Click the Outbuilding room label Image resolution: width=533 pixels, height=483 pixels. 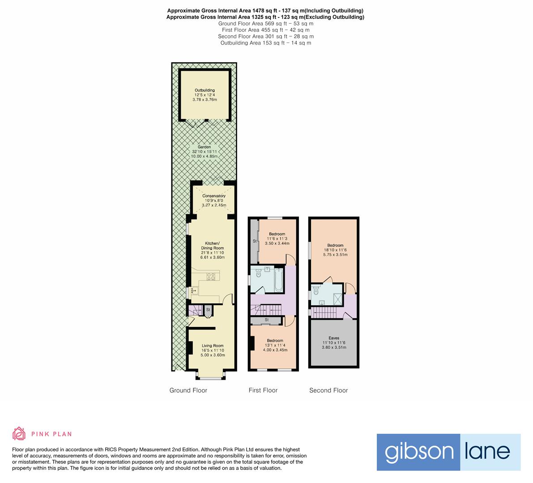tap(205, 90)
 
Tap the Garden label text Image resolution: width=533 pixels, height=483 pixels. tap(204, 147)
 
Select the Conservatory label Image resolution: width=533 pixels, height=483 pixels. tap(213, 196)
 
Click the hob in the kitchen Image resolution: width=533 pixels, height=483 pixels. tap(211, 276)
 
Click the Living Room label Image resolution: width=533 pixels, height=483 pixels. tap(213, 346)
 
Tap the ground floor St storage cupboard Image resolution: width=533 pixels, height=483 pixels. tap(208, 310)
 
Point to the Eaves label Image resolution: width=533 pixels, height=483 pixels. tap(333, 338)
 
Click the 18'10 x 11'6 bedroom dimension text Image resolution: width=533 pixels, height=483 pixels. tap(335, 250)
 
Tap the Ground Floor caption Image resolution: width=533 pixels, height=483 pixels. tap(188, 390)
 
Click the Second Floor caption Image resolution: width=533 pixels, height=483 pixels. tap(328, 390)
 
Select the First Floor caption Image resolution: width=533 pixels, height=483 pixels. tap(263, 390)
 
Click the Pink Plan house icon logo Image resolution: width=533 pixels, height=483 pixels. tap(19, 433)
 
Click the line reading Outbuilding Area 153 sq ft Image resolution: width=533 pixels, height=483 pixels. tap(265, 43)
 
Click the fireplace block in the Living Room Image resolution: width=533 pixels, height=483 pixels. tap(190, 347)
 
